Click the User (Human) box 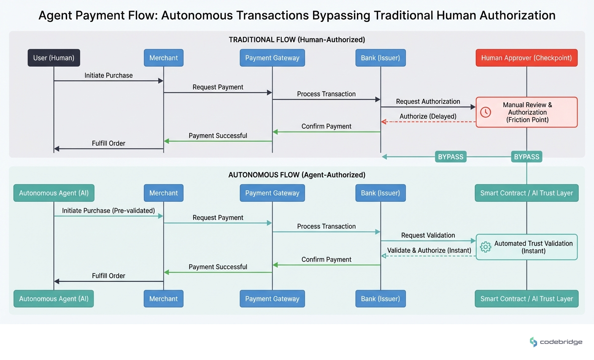pos(54,58)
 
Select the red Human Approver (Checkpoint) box pos(526,58)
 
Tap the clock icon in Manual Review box pos(486,112)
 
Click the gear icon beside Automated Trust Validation pos(486,247)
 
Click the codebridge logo pos(556,342)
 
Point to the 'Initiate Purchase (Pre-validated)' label pos(108,211)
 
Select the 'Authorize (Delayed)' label pos(428,116)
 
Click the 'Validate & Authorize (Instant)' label pos(429,250)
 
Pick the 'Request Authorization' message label pos(428,102)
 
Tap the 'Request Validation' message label pos(428,235)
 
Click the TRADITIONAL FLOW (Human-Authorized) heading pos(297,40)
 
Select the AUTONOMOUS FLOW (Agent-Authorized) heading pos(297,175)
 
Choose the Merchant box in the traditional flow pos(163,58)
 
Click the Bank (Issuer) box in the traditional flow pos(380,58)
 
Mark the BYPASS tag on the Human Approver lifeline pos(526,157)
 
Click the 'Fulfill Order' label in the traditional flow pos(108,143)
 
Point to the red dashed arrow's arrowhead pos(383,122)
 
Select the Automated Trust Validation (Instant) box pos(526,247)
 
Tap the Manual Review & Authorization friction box pos(526,112)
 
